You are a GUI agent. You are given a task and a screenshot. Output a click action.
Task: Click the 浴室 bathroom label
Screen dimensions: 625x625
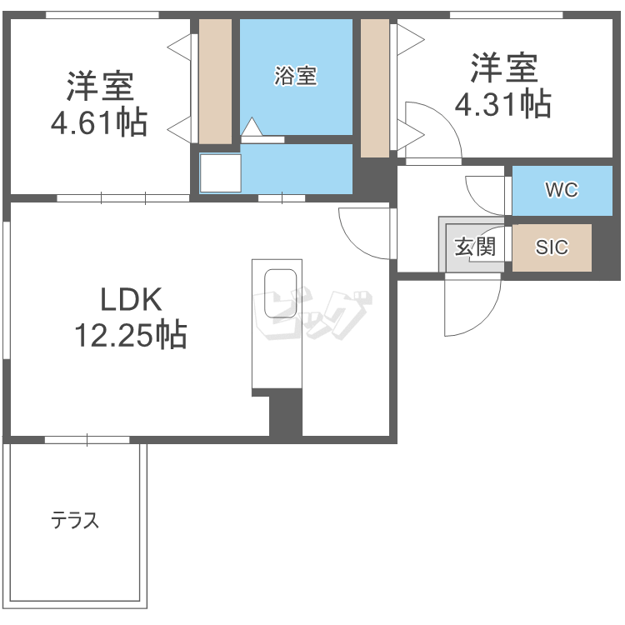click(x=296, y=76)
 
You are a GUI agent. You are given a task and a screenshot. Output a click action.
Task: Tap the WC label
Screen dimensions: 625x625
click(x=561, y=191)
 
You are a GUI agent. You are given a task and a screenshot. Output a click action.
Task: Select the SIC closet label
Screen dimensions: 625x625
click(x=552, y=247)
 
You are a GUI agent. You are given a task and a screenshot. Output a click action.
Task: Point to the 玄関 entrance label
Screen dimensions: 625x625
click(x=475, y=247)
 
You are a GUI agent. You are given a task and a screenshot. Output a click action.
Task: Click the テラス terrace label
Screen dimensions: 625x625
click(x=75, y=522)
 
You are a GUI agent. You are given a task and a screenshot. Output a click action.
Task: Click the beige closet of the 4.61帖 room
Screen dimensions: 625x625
click(x=215, y=81)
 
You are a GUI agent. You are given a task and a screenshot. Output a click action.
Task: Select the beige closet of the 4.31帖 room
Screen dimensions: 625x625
click(x=375, y=87)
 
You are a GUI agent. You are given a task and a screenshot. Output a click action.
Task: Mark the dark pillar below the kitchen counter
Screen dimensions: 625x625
click(x=284, y=412)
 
